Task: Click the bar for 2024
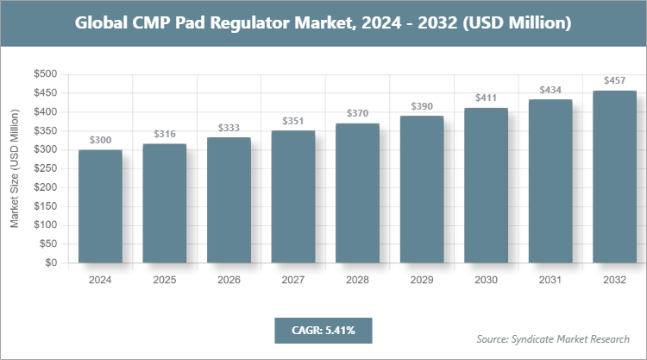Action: pyautogui.click(x=100, y=206)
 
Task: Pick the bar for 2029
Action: pyautogui.click(x=422, y=189)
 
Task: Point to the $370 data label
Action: pyautogui.click(x=357, y=113)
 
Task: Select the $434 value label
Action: pyautogui.click(x=550, y=90)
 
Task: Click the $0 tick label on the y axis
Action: pyautogui.click(x=51, y=262)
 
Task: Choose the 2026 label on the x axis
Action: pyautogui.click(x=229, y=280)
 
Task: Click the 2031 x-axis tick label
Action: pyautogui.click(x=550, y=280)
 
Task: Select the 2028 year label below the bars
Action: pyautogui.click(x=357, y=280)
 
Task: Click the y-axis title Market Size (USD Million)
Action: pyautogui.click(x=15, y=169)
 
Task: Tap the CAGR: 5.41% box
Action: pyautogui.click(x=323, y=330)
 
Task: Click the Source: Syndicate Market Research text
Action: pyautogui.click(x=553, y=338)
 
